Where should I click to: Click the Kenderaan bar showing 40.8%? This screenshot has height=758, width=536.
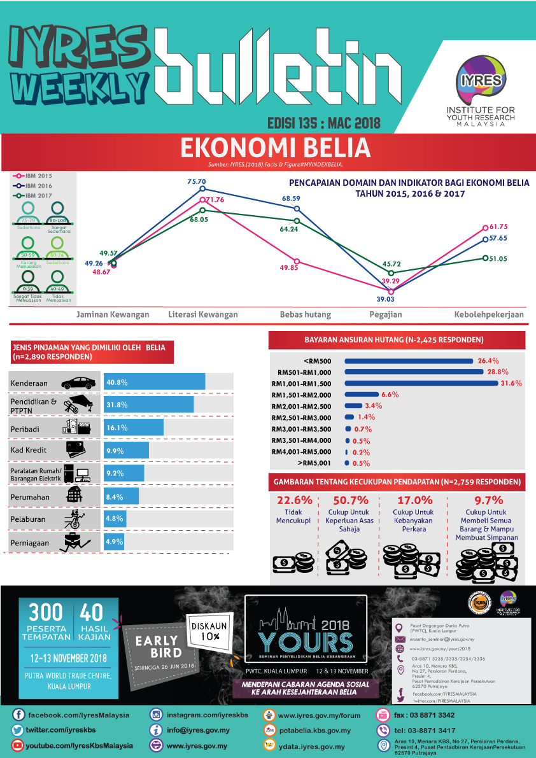tap(155, 382)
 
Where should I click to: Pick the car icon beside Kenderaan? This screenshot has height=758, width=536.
tap(79, 383)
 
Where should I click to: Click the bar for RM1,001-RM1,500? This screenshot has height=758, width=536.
tap(421, 383)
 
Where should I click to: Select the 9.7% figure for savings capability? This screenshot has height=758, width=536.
tap(488, 500)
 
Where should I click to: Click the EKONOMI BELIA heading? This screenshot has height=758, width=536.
tap(275, 148)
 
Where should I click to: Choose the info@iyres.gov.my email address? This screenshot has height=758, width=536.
tap(198, 730)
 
